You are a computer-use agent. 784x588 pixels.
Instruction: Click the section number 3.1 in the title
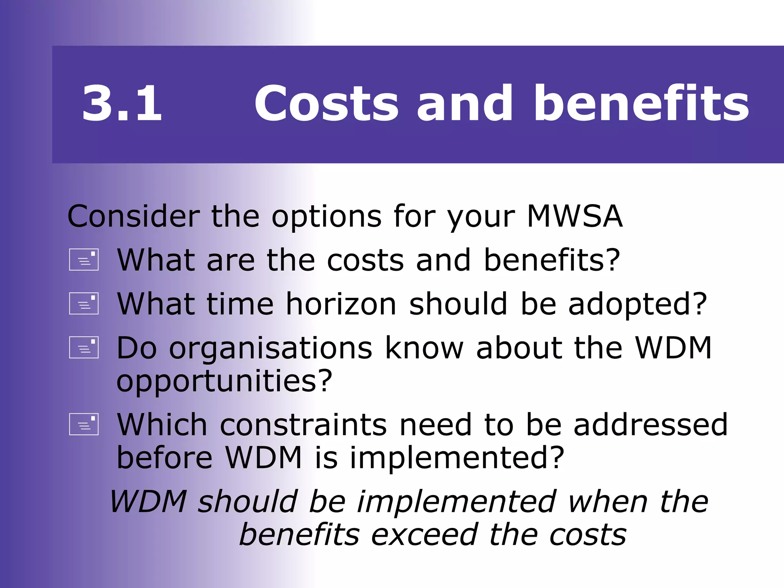click(x=122, y=104)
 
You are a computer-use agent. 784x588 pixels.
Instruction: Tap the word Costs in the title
click(x=327, y=104)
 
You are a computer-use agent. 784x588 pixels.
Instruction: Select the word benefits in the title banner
click(x=641, y=103)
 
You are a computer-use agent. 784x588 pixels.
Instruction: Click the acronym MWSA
click(x=575, y=217)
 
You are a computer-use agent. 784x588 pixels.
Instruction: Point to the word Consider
click(x=134, y=217)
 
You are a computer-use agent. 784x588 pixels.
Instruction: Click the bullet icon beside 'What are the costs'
click(x=84, y=260)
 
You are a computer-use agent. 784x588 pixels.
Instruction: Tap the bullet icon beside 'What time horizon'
click(x=84, y=304)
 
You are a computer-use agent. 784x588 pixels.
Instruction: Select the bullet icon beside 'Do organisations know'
click(x=84, y=348)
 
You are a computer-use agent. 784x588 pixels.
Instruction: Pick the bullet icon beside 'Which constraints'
click(x=84, y=425)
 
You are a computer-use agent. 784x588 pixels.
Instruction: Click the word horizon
click(x=341, y=304)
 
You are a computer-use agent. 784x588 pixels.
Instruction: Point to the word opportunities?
click(x=224, y=382)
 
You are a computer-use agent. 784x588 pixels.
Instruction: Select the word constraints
click(x=303, y=425)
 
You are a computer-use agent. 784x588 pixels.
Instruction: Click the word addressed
click(x=650, y=425)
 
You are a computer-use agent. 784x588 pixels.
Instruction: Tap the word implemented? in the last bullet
click(x=457, y=458)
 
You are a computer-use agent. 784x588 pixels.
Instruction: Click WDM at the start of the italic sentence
click(x=149, y=502)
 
